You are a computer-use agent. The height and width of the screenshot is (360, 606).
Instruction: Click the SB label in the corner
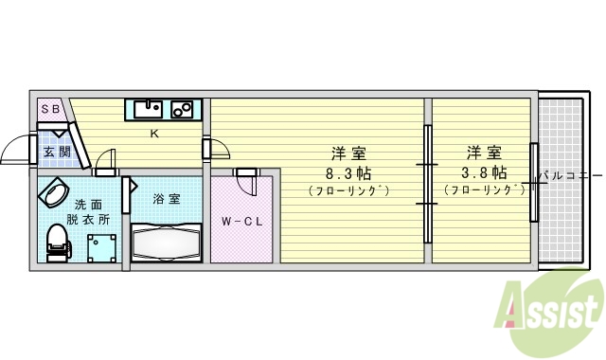51,110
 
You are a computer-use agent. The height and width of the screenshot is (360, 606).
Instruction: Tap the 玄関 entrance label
56,151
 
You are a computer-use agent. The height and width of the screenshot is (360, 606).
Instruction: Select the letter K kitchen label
153,134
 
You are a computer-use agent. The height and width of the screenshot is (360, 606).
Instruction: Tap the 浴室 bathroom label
165,200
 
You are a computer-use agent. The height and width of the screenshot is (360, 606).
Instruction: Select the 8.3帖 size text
348,172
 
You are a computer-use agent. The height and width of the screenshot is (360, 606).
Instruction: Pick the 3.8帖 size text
483,172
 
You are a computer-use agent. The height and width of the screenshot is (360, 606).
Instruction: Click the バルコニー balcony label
570,176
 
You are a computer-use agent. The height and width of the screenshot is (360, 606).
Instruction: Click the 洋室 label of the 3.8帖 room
483,153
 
